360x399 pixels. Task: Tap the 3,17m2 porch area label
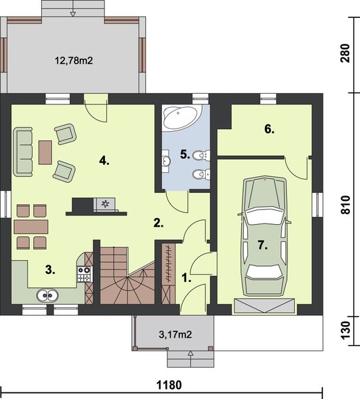click(x=175, y=333)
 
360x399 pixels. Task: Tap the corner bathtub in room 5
click(x=179, y=118)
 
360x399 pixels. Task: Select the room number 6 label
click(x=269, y=129)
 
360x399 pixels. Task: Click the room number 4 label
click(x=103, y=160)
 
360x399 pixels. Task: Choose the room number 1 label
click(x=187, y=279)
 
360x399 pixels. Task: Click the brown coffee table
click(x=45, y=152)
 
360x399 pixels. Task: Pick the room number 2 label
click(x=158, y=223)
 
